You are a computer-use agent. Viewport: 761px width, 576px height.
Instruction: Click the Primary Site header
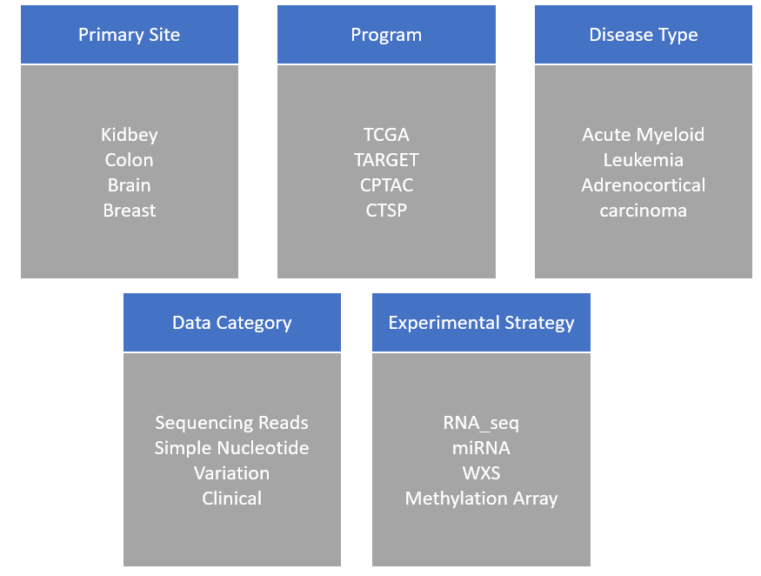pyautogui.click(x=129, y=35)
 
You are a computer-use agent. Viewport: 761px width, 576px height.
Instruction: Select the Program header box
pyautogui.click(x=386, y=35)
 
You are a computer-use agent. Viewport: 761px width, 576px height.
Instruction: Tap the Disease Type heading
pyautogui.click(x=644, y=35)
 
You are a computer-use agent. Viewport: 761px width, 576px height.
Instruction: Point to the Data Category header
pyautogui.click(x=232, y=323)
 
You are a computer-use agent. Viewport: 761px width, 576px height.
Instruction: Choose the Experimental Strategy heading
pyautogui.click(x=482, y=323)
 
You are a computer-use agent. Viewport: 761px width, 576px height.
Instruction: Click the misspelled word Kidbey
pyautogui.click(x=129, y=135)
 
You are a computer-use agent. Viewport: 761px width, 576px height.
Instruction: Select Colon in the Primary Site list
pyautogui.click(x=129, y=160)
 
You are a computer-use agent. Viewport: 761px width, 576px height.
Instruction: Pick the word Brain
pyautogui.click(x=129, y=185)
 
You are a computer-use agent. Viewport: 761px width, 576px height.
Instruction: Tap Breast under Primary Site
pyautogui.click(x=129, y=211)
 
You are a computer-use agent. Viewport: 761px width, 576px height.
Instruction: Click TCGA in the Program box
pyautogui.click(x=386, y=135)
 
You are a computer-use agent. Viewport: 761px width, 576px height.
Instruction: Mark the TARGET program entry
pyautogui.click(x=386, y=160)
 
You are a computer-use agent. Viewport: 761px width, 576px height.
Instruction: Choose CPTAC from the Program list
pyautogui.click(x=386, y=185)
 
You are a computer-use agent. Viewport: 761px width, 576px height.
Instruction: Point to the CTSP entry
pyautogui.click(x=386, y=211)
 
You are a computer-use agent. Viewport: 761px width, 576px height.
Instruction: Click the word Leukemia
pyautogui.click(x=644, y=160)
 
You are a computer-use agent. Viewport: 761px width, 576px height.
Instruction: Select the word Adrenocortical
pyautogui.click(x=644, y=185)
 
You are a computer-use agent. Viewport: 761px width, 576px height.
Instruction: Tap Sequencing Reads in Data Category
pyautogui.click(x=231, y=423)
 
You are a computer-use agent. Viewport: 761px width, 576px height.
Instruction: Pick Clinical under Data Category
pyautogui.click(x=232, y=499)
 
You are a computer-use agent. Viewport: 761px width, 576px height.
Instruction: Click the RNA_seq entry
pyautogui.click(x=481, y=423)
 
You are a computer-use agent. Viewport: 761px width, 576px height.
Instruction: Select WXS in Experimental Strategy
pyautogui.click(x=482, y=473)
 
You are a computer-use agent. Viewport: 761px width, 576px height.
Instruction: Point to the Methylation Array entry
pyautogui.click(x=482, y=499)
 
